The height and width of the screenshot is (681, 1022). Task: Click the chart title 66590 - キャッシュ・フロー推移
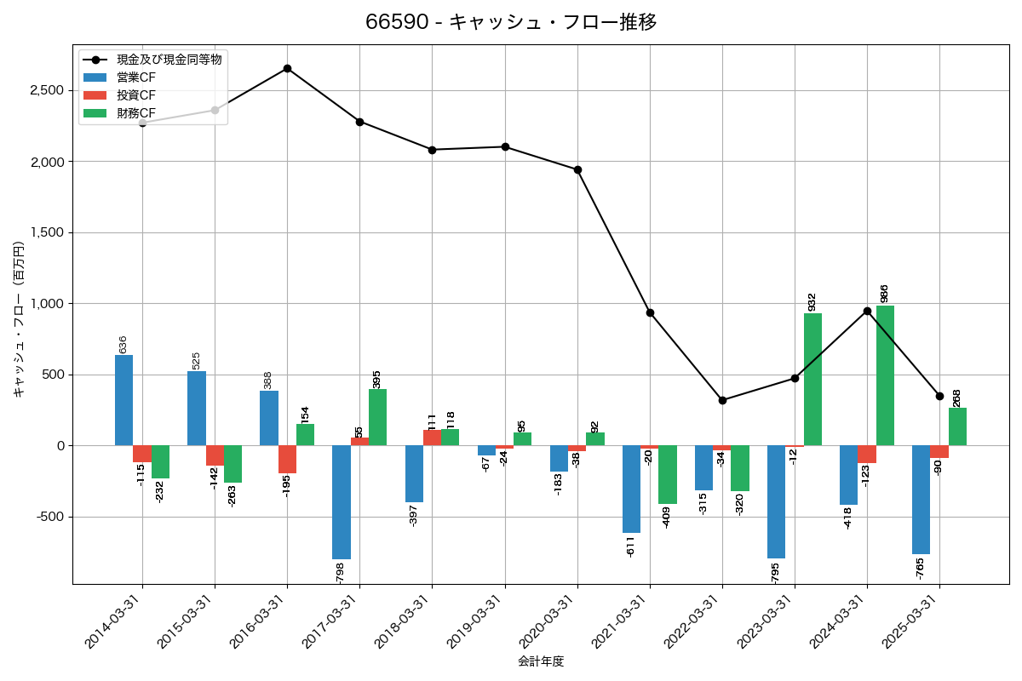click(511, 22)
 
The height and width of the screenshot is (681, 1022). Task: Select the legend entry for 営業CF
click(136, 77)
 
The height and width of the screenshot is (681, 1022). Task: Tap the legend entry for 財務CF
click(136, 113)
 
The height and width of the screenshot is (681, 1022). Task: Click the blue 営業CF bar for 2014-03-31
click(123, 400)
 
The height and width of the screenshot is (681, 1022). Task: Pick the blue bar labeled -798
click(342, 502)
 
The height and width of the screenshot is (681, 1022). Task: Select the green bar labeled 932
click(812, 380)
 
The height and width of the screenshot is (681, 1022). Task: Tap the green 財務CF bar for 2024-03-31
click(885, 375)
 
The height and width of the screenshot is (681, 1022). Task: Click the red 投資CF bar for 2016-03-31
click(287, 459)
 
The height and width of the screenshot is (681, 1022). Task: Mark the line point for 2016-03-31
click(287, 68)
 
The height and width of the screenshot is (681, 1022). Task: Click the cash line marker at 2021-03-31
click(650, 312)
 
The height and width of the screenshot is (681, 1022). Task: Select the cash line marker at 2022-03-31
click(722, 400)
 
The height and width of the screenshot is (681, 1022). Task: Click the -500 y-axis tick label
click(49, 517)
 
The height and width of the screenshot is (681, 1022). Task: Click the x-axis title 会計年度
click(541, 661)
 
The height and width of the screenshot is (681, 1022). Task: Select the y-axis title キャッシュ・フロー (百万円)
click(19, 319)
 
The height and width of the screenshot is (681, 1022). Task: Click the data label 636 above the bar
click(123, 344)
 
